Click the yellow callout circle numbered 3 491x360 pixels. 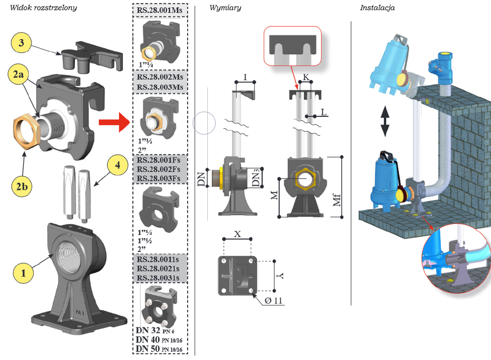pyautogui.click(x=21, y=42)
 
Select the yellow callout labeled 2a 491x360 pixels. pyautogui.click(x=19, y=74)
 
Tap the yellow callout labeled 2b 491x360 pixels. pyautogui.click(x=22, y=186)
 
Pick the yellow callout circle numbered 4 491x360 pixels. pyautogui.click(x=117, y=165)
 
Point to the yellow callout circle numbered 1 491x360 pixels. pyautogui.click(x=23, y=273)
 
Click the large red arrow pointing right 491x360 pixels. pyautogui.click(x=114, y=122)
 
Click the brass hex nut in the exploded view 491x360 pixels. pyautogui.click(x=26, y=131)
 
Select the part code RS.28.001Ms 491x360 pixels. pyautogui.click(x=159, y=10)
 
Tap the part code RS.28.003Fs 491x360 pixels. pyautogui.click(x=159, y=178)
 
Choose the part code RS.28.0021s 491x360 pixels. pyautogui.click(x=158, y=268)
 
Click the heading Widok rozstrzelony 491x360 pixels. pyautogui.click(x=43, y=8)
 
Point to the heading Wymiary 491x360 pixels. pyautogui.click(x=225, y=8)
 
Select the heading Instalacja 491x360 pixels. pyautogui.click(x=377, y=8)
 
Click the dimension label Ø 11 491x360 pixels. pyautogui.click(x=273, y=301)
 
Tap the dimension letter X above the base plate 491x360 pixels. pyautogui.click(x=237, y=234)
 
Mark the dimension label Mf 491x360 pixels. pyautogui.click(x=336, y=200)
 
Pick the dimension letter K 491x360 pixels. pyautogui.click(x=306, y=77)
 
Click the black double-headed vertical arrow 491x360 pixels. pyautogui.click(x=385, y=121)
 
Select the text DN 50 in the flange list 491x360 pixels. pyautogui.click(x=148, y=349)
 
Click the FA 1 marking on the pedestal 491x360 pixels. pyautogui.click(x=80, y=312)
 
